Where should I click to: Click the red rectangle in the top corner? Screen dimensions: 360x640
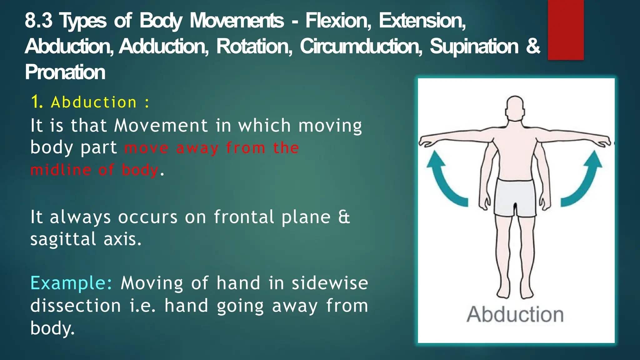(x=566, y=30)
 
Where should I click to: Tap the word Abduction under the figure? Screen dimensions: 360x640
(x=515, y=314)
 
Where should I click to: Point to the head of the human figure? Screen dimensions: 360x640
(x=515, y=108)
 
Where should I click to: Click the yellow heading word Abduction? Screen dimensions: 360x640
(x=94, y=102)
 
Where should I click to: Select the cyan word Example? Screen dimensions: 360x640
(x=71, y=283)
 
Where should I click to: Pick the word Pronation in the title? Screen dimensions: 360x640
(x=65, y=72)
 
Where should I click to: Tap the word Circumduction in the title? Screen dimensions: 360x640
(x=361, y=46)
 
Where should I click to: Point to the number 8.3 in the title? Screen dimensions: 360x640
(x=38, y=21)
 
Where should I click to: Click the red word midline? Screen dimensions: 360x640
(x=61, y=170)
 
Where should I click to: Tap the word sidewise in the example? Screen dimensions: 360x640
(x=330, y=283)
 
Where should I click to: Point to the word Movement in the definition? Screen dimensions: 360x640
(x=161, y=126)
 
